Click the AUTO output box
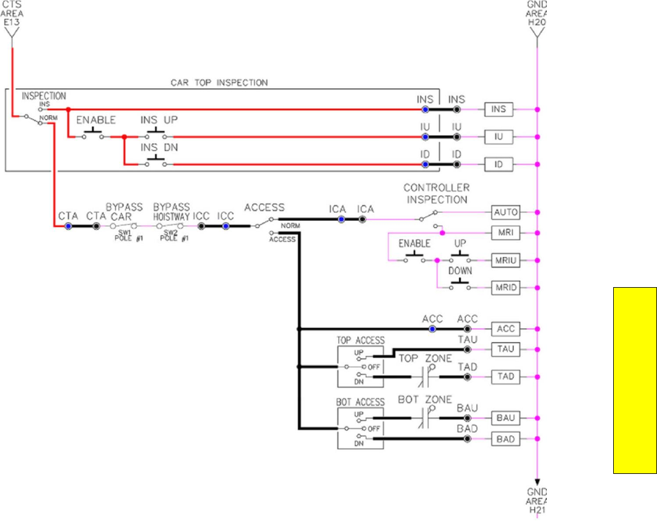coord(506,212)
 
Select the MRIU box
coord(506,260)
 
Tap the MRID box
coord(506,287)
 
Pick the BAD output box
coord(506,439)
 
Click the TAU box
coord(506,350)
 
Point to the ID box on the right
coord(498,164)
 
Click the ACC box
coord(506,329)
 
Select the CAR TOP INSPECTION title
coord(220,82)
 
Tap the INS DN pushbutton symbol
coord(155,163)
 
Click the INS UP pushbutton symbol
coord(155,135)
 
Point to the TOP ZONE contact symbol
coord(425,377)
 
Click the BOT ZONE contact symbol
coord(425,418)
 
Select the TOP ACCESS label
coord(360,341)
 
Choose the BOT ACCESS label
coord(360,402)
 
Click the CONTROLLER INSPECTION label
coord(437,193)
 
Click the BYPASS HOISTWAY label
coord(172,211)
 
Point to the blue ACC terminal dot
coord(433,329)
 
